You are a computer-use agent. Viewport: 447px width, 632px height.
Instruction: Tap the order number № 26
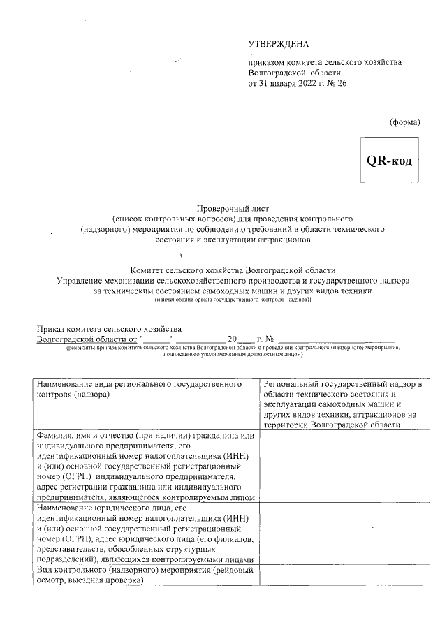click(335, 84)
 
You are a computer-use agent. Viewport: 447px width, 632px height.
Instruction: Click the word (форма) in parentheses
click(404, 122)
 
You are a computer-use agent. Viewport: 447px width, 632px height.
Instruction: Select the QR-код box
click(390, 160)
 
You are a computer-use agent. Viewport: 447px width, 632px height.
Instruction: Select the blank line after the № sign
click(335, 339)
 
